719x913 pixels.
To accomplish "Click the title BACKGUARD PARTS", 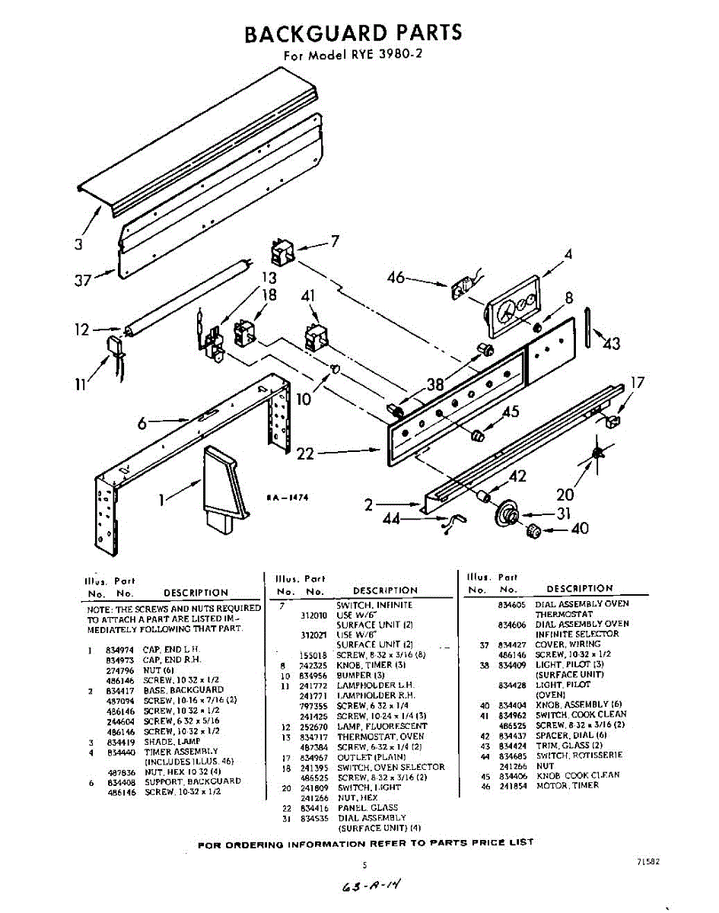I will [352, 33].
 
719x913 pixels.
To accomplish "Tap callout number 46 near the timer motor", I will [396, 278].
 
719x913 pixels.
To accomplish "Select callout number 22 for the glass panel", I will [305, 454].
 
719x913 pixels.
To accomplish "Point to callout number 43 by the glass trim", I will [611, 343].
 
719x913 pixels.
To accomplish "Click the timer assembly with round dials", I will [511, 307].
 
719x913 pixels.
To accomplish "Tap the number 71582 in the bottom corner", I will [645, 862].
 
